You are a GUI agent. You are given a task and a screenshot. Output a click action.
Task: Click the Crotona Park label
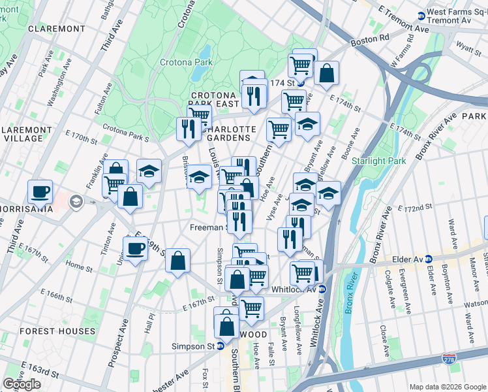[x=183, y=63]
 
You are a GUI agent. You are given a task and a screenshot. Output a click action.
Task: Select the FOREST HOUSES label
[x=57, y=331]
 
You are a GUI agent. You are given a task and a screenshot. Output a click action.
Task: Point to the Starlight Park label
[x=379, y=161]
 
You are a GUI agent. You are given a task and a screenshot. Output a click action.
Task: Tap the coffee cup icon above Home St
[x=136, y=250]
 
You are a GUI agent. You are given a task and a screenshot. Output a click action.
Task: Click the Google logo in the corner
[x=22, y=384]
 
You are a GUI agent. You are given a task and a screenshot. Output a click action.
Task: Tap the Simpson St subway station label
[x=193, y=346]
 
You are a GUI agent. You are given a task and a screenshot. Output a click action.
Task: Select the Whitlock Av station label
[x=295, y=289]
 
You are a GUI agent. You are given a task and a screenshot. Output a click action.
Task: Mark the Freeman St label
[x=207, y=228]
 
